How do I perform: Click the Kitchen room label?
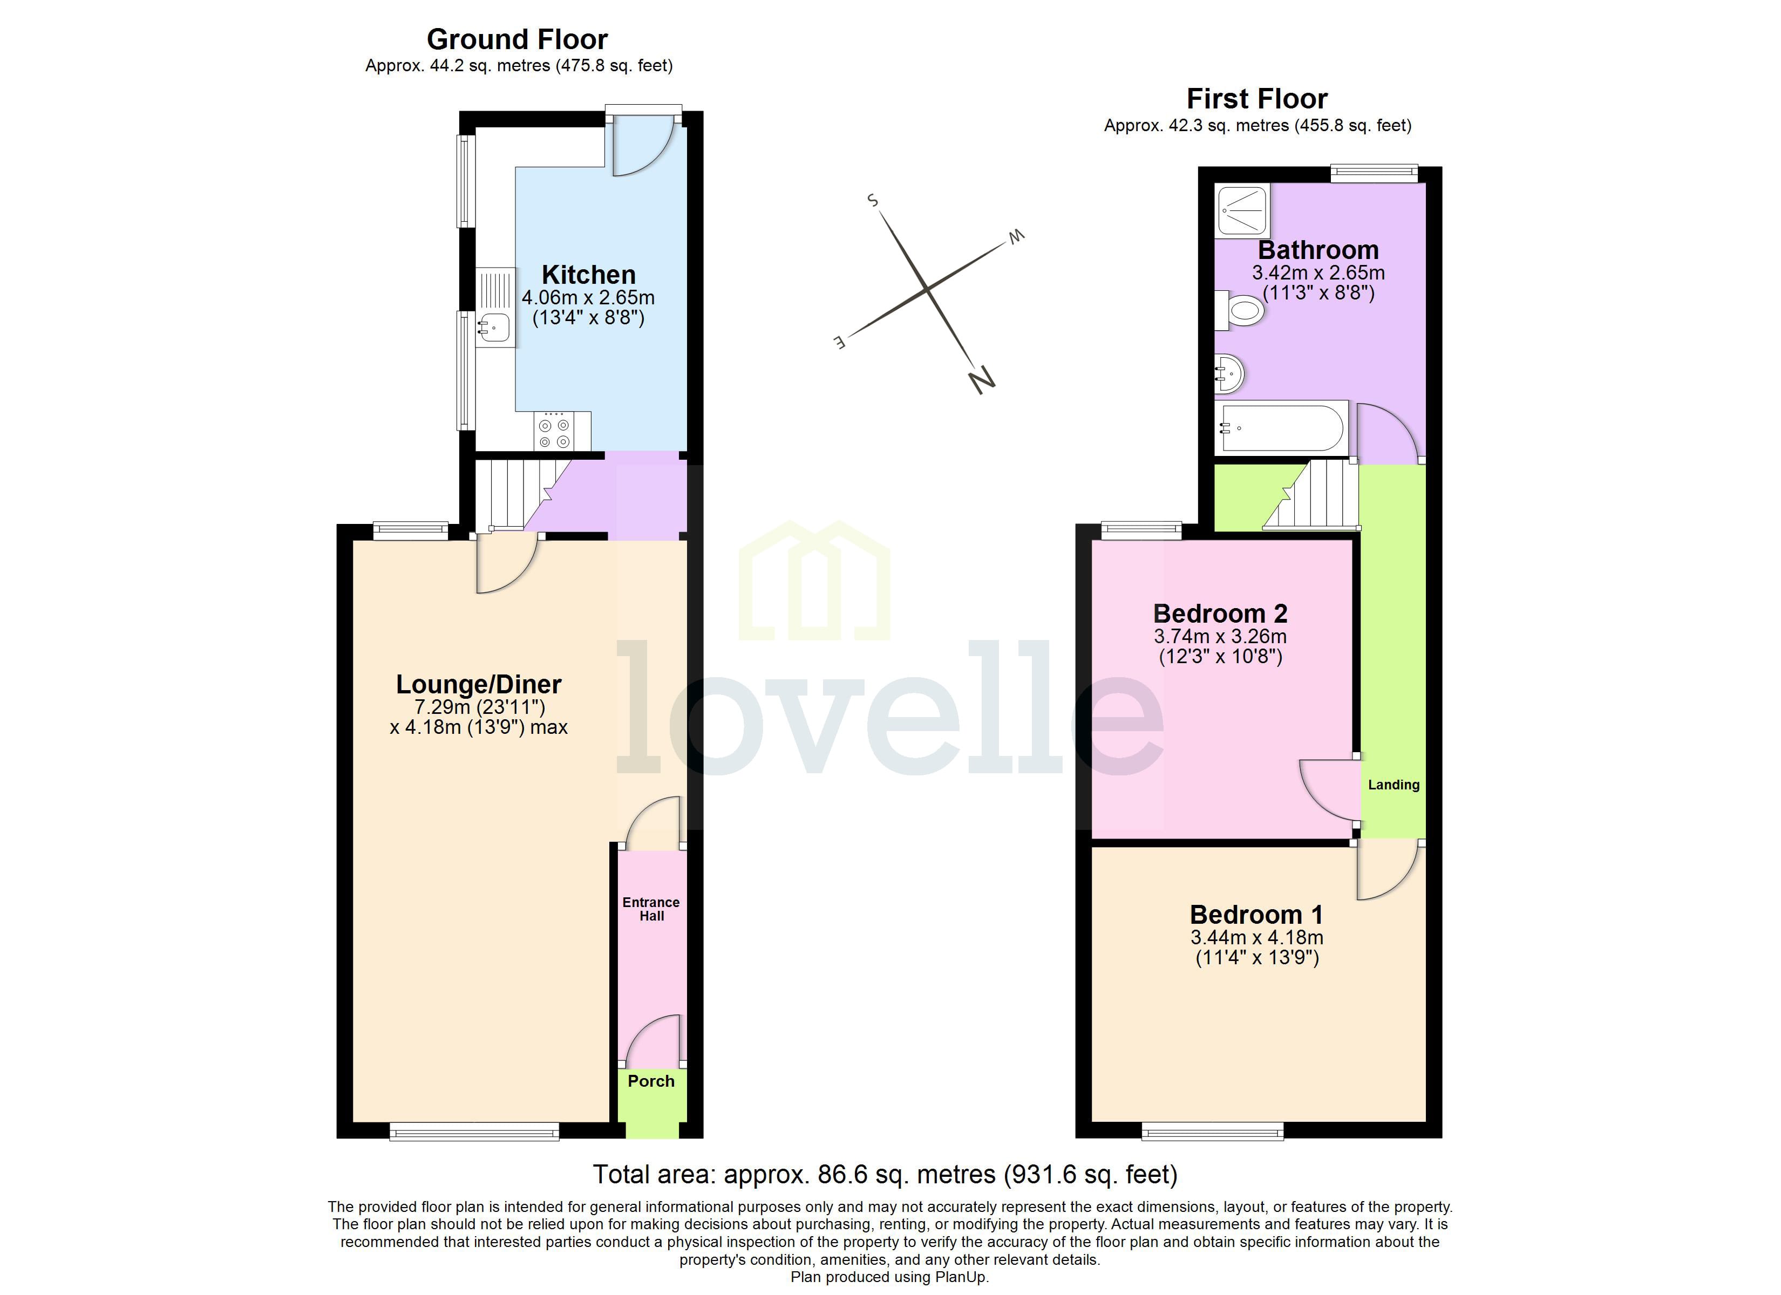(x=588, y=275)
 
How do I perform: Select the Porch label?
(x=651, y=1081)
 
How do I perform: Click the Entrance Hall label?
(x=651, y=909)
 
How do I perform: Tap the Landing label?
(x=1394, y=785)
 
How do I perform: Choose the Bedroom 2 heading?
(x=1220, y=614)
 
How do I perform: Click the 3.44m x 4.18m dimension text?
(x=1256, y=938)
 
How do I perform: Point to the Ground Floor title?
(x=516, y=39)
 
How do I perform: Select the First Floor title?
(x=1256, y=99)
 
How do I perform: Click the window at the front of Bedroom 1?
(x=1213, y=1132)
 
